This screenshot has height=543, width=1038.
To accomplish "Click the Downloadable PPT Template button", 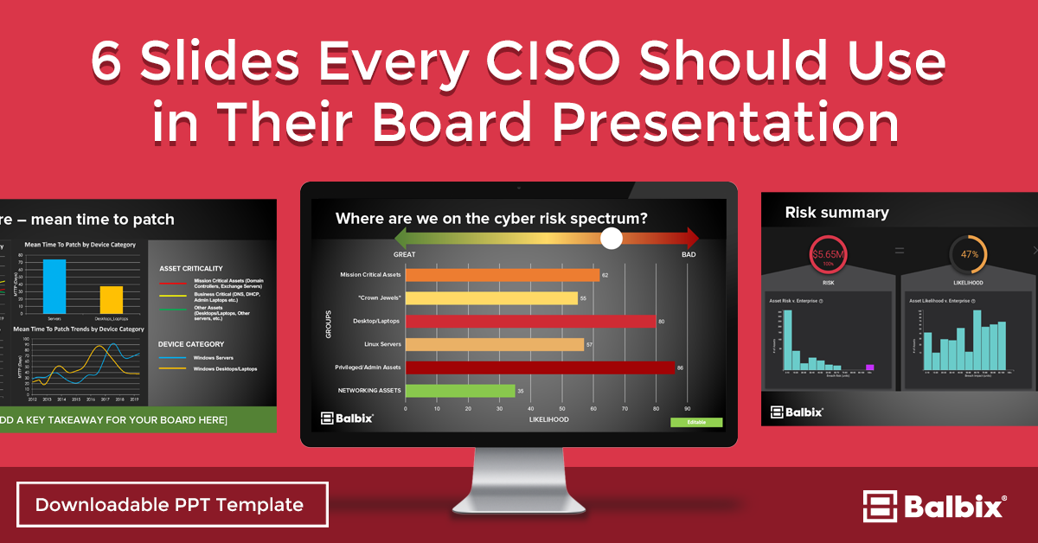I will click(x=172, y=505).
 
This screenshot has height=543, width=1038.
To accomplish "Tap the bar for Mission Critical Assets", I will click(x=502, y=275).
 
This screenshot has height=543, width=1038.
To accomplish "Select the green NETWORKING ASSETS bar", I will click(x=459, y=391).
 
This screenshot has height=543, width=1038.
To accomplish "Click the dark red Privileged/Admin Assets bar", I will click(x=539, y=367).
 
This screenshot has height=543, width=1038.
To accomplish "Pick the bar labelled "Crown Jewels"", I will click(x=490, y=298).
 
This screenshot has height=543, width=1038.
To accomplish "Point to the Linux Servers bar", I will click(x=494, y=345).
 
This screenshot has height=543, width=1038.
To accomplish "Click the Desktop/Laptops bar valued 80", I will click(x=530, y=322).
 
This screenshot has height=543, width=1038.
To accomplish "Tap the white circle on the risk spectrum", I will click(x=612, y=239).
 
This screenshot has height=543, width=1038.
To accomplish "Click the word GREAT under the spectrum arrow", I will click(x=405, y=255).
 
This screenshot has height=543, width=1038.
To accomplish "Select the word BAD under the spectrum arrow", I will click(x=688, y=255).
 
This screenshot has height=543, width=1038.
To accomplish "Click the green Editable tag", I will click(x=695, y=422).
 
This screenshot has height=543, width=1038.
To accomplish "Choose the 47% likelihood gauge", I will click(x=969, y=255).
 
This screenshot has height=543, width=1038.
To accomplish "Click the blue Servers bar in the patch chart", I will click(x=54, y=286).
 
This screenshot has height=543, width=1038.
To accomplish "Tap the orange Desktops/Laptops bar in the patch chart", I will click(x=112, y=299).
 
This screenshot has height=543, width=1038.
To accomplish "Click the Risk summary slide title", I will click(x=836, y=213).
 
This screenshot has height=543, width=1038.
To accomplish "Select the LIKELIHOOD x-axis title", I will click(x=549, y=419).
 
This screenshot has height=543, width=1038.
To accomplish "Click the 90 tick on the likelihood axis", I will click(x=688, y=408).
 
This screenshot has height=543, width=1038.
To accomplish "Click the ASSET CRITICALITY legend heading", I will click(x=191, y=268).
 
